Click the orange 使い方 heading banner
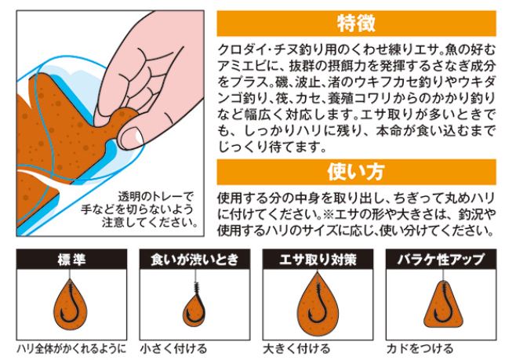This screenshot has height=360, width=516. tap(356, 170)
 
